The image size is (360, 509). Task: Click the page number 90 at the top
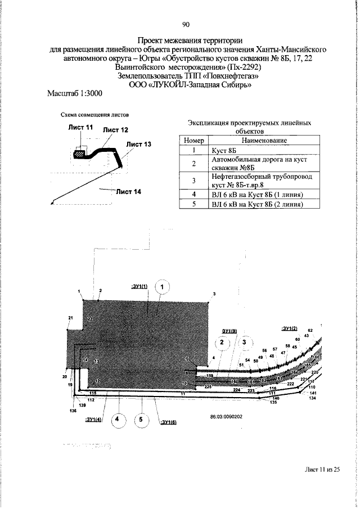click(186, 25)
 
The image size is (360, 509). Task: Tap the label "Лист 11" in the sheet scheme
click(81, 128)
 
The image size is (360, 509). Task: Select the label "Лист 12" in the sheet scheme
click(115, 130)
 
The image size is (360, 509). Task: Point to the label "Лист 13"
click(138, 144)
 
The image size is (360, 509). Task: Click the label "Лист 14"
click(129, 192)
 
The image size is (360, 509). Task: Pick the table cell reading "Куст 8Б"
click(224, 150)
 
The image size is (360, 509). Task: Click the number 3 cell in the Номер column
click(192, 180)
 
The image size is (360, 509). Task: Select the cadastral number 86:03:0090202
click(226, 417)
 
